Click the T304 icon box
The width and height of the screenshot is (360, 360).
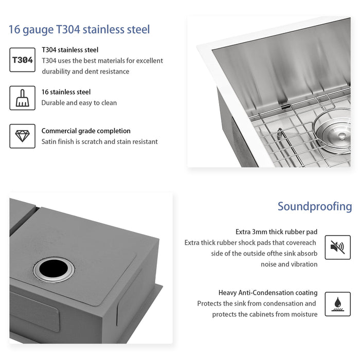[23, 60]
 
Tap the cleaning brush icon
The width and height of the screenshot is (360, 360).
[23, 98]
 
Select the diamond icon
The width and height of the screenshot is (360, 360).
[23, 136]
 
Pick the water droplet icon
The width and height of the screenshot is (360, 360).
[337, 304]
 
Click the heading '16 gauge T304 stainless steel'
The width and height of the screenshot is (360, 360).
[79, 29]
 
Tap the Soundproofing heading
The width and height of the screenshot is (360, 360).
[315, 207]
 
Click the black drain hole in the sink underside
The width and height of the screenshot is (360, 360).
[54, 269]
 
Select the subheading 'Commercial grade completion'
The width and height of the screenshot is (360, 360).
[86, 131]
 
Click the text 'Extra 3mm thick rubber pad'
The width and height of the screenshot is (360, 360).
[276, 231]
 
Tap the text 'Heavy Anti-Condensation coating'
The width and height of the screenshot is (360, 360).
[268, 293]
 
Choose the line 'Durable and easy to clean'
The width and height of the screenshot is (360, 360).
[79, 103]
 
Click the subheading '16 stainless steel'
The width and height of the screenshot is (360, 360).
[66, 92]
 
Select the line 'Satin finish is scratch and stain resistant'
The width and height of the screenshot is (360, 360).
[100, 141]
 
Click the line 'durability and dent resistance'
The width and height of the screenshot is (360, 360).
[85, 71]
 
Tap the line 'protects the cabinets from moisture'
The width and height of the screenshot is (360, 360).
[265, 314]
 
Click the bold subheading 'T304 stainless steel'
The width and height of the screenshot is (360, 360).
[70, 50]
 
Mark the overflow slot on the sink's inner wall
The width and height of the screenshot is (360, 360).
[283, 106]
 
